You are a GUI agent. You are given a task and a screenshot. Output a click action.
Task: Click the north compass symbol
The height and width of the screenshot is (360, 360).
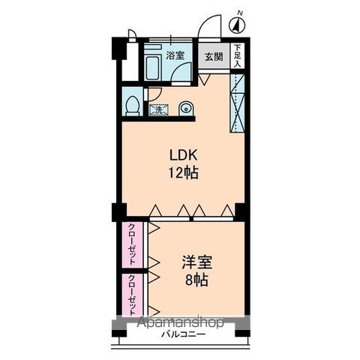[x=237, y=25]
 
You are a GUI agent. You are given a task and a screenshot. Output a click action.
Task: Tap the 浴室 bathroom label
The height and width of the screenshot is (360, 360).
[x=175, y=55]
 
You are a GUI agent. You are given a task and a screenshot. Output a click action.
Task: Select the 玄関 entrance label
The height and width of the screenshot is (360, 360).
[x=214, y=57]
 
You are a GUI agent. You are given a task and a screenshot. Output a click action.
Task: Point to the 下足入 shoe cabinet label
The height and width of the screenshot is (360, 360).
[x=237, y=55]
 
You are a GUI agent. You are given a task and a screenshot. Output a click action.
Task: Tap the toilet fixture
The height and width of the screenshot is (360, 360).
[x=132, y=106]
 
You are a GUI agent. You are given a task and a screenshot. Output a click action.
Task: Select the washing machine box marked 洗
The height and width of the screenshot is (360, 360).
[x=159, y=109]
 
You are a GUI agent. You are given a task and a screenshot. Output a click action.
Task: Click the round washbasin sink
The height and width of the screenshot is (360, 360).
[x=186, y=109]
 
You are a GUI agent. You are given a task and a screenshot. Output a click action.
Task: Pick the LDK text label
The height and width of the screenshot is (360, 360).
[x=184, y=155]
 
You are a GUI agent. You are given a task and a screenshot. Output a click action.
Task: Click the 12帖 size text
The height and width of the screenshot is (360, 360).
[x=184, y=172]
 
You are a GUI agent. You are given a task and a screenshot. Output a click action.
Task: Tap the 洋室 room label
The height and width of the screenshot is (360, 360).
[x=197, y=262]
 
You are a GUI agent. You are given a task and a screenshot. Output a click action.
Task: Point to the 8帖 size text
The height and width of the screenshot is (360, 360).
[x=196, y=280]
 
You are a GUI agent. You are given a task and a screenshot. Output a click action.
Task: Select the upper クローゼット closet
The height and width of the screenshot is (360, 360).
[x=132, y=245]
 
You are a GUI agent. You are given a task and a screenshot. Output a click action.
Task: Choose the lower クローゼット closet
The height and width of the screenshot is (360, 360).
[x=132, y=295]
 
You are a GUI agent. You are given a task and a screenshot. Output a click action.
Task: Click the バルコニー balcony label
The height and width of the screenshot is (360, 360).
[x=183, y=334]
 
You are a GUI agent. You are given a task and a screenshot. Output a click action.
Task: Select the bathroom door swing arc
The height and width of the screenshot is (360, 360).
[x=179, y=67]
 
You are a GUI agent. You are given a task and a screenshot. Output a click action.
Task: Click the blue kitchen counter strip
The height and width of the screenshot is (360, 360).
[x=237, y=103]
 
